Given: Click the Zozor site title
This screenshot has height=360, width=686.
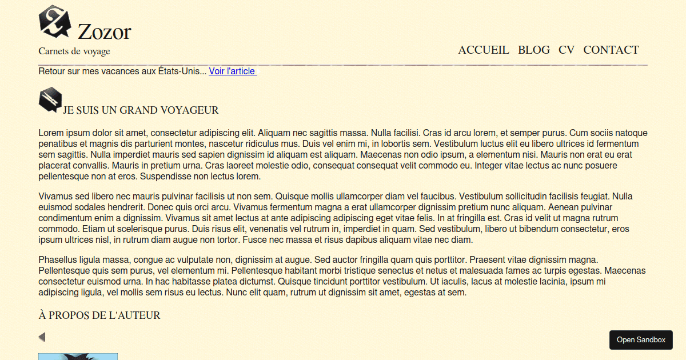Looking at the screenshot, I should click(x=104, y=32).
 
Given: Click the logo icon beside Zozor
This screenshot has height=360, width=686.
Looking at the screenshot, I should click(x=54, y=21).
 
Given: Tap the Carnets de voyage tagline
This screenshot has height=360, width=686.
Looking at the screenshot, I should click(x=74, y=51).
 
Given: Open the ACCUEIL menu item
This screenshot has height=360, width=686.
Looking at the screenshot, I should click(x=484, y=50).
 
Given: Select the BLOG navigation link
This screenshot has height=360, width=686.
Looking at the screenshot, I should click(x=534, y=50).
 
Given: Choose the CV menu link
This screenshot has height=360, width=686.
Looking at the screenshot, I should click(x=567, y=50).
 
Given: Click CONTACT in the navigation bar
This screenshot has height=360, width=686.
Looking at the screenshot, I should click(x=611, y=50).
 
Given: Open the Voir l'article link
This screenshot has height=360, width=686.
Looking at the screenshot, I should click(x=233, y=71).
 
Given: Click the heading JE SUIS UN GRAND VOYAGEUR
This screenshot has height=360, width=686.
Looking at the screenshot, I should click(x=141, y=110).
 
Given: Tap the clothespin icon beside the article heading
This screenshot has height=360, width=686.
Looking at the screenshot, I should click(x=50, y=99).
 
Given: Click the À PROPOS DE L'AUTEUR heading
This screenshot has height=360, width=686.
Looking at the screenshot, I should click(x=99, y=315).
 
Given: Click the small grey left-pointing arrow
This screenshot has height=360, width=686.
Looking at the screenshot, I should click(x=42, y=337).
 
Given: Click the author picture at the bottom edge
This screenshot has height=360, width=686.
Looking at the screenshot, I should click(x=78, y=357).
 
